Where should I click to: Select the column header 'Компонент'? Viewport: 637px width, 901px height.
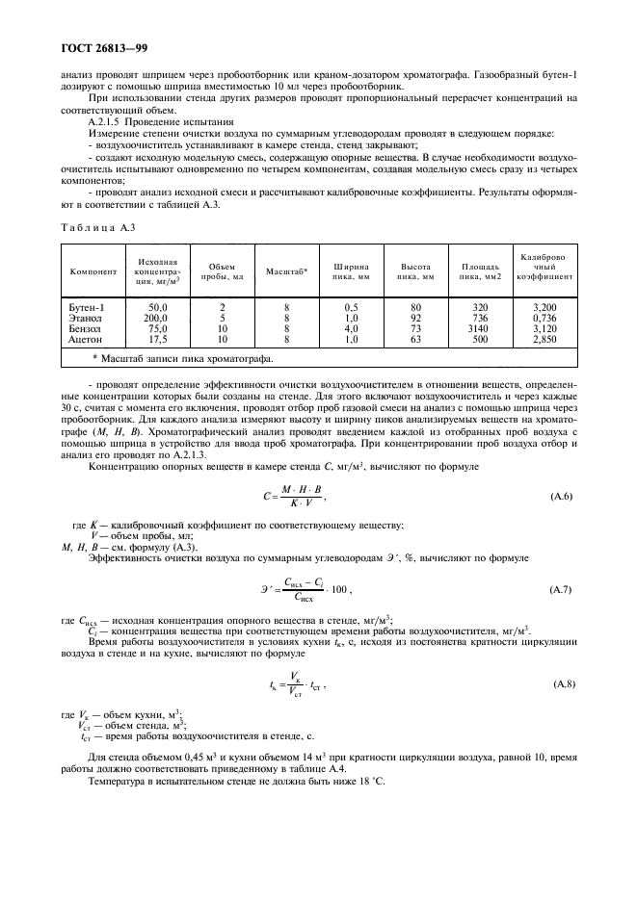[93, 271]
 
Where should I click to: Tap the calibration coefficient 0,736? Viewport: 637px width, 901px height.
[545, 318]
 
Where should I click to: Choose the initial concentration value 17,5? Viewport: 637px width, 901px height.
[157, 339]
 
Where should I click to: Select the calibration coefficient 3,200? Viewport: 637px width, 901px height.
[545, 307]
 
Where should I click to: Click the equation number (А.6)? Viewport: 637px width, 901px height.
[561, 497]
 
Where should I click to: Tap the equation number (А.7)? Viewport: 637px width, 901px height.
[561, 587]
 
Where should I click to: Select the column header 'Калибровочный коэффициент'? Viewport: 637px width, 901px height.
[545, 267]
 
